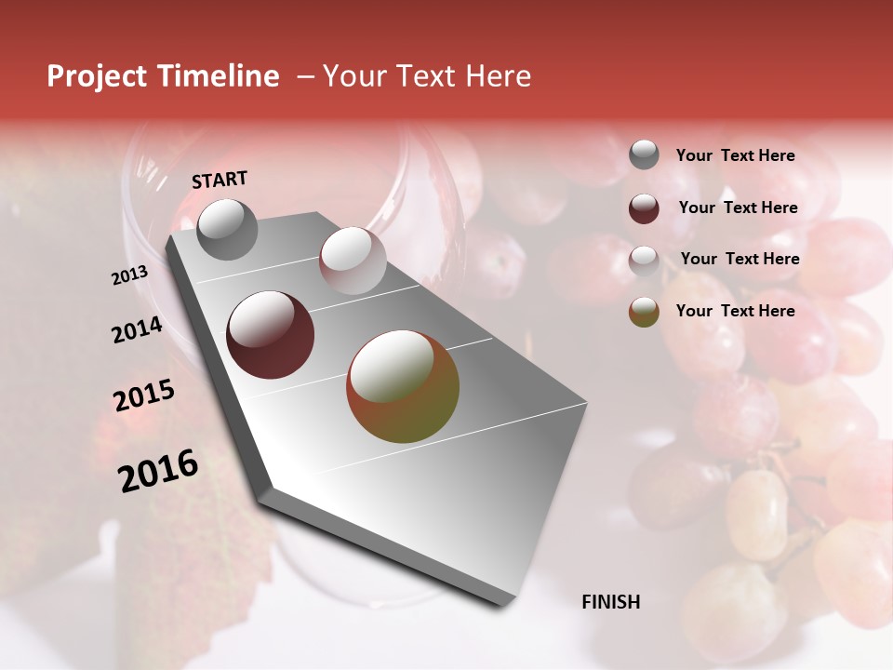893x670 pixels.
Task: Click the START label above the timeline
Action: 220,180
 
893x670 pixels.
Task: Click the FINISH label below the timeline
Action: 611,602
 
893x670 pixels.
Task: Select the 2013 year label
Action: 129,275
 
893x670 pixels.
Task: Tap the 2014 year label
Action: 138,330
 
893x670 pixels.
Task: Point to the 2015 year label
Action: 144,396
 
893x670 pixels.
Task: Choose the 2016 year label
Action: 158,471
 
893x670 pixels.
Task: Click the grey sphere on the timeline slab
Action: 227,229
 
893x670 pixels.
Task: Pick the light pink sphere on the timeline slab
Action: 352,261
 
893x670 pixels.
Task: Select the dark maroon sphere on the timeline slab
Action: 270,335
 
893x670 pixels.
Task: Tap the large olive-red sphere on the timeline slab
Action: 403,386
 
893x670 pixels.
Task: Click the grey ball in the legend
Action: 644,155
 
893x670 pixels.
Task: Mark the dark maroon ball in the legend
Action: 644,208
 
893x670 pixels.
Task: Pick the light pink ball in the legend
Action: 644,260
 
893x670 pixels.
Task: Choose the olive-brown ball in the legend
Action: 644,312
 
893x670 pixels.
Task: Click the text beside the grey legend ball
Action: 735,156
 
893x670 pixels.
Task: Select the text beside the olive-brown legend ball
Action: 735,311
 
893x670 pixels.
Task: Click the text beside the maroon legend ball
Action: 738,208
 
